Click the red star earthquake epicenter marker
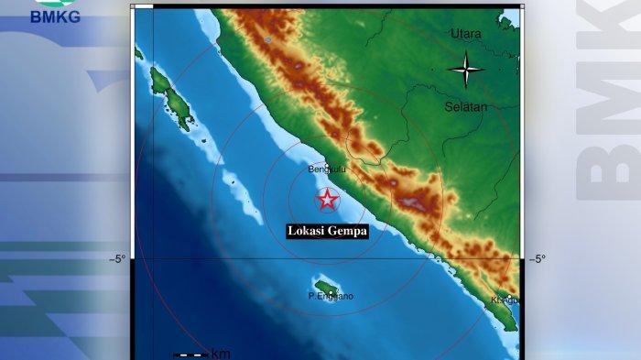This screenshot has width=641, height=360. [327, 200]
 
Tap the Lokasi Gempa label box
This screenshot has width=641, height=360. [328, 232]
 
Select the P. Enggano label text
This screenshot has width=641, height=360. [331, 297]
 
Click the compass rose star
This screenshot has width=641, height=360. [466, 68]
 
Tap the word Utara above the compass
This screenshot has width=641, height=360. [465, 34]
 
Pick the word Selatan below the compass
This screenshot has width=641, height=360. [466, 106]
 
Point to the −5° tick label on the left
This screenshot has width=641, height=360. [118, 259]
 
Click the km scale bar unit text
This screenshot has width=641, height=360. [221, 354]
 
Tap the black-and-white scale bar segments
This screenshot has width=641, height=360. [190, 354]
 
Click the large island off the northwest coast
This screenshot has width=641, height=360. [172, 97]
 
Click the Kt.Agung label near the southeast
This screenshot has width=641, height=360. [505, 300]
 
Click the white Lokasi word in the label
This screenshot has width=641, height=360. [304, 232]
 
